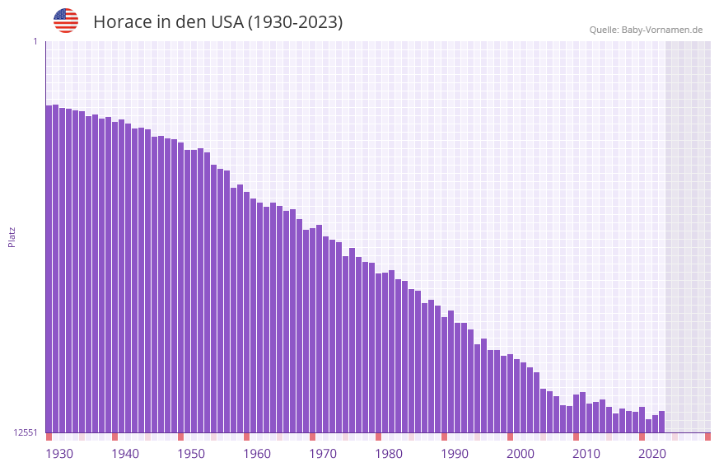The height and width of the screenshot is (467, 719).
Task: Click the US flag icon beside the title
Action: pyautogui.click(x=66, y=21)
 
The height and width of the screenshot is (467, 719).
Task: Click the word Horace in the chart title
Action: pyautogui.click(x=122, y=22)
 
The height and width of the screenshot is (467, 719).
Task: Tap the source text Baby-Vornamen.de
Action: pyautogui.click(x=661, y=30)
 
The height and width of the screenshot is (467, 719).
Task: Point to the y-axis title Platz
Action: pyautogui.click(x=12, y=236)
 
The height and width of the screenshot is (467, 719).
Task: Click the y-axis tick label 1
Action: pyautogui.click(x=35, y=41)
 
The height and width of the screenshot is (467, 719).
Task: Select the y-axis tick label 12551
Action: pyautogui.click(x=26, y=432)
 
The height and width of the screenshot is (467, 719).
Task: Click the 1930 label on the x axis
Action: pyautogui.click(x=59, y=454)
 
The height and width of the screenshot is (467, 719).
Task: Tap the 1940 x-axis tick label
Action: pyautogui.click(x=125, y=454)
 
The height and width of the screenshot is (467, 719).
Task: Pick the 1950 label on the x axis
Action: pyautogui.click(x=191, y=454)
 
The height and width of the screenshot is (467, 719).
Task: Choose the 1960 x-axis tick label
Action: pyautogui.click(x=257, y=454)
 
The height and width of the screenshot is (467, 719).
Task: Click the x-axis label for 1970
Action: pyautogui.click(x=323, y=454)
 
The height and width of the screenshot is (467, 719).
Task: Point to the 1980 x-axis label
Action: pyautogui.click(x=389, y=454)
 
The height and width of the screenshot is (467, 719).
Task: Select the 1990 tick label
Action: pyautogui.click(x=455, y=454)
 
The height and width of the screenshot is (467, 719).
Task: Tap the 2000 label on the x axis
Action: pyautogui.click(x=521, y=454)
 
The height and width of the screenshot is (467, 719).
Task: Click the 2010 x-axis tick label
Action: pyautogui.click(x=586, y=454)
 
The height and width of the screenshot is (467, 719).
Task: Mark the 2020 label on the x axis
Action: pyautogui.click(x=652, y=454)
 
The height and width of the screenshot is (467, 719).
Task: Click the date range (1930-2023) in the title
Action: pyautogui.click(x=295, y=22)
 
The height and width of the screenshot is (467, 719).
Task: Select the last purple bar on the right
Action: pyautogui.click(x=661, y=422)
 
